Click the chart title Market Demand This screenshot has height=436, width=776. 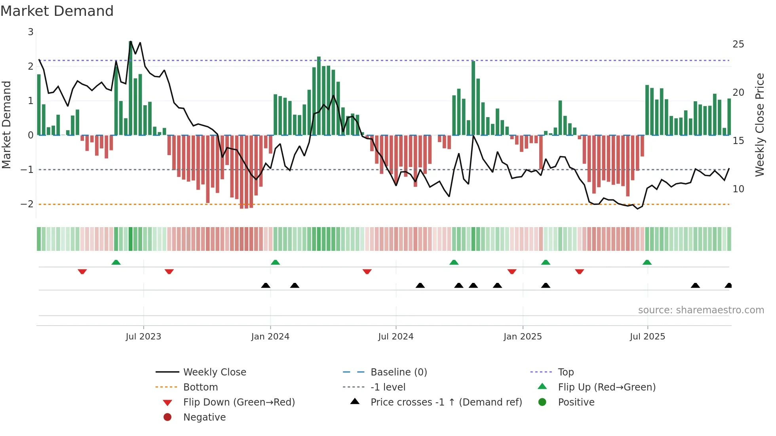(x=57, y=11)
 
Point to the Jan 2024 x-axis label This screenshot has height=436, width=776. (x=270, y=336)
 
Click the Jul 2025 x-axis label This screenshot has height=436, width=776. (x=647, y=336)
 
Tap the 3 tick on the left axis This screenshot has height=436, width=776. (x=30, y=32)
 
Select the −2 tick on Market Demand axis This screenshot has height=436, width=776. (x=27, y=204)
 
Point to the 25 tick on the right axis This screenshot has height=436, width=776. (x=738, y=44)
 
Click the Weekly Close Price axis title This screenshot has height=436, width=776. (x=759, y=125)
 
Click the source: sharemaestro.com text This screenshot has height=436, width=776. (x=701, y=310)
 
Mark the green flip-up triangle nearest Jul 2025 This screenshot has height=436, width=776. (x=647, y=262)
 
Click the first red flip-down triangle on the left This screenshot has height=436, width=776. (x=82, y=271)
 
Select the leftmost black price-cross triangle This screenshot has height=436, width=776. (x=266, y=285)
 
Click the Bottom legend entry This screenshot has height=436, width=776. (x=200, y=387)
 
